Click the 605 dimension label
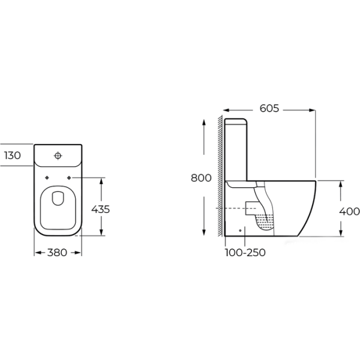pos(269,109)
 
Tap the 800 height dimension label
pos(201,178)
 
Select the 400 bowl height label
pos(349,211)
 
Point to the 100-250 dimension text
pos(245,253)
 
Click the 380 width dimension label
pos(57,253)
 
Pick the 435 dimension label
pos(101,209)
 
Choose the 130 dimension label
pos(13,155)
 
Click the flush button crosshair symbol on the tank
pos(58,155)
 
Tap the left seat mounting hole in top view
pos(47,178)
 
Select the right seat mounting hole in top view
pos(69,178)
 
